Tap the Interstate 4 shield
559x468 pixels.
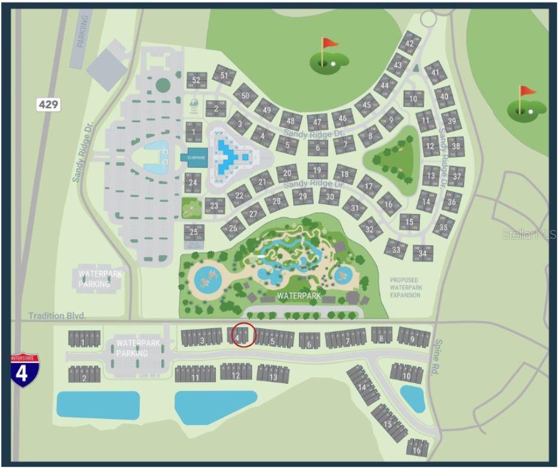[24, 371]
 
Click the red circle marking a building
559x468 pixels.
[243, 335]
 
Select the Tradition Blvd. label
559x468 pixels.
[57, 317]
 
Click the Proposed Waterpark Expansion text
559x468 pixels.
[404, 287]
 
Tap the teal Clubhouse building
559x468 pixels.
[193, 158]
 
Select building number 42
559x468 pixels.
[409, 43]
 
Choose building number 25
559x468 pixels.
[194, 232]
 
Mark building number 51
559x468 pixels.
[224, 75]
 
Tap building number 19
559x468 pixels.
[318, 170]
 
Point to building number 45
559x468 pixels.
[367, 105]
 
